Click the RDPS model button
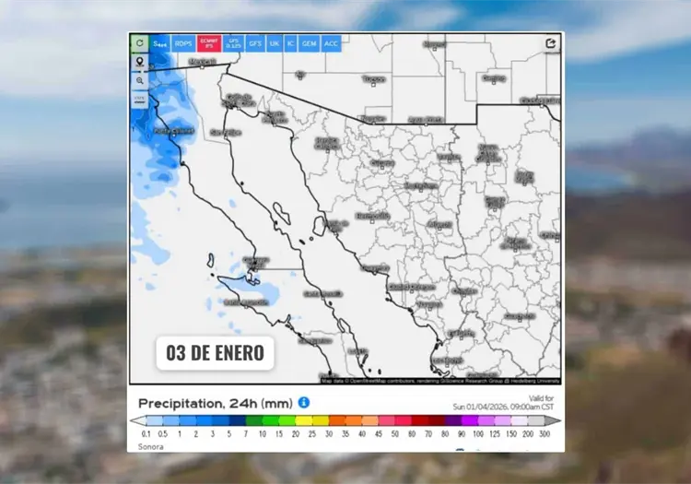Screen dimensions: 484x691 [x=184, y=43]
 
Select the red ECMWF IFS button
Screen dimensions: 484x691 [x=209, y=43]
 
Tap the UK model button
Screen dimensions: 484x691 [x=274, y=43]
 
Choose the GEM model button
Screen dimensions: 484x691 [x=309, y=43]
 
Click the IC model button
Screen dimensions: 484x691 [x=290, y=43]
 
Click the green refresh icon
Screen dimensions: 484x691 [x=139, y=43]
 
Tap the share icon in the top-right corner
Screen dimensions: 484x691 [x=551, y=43]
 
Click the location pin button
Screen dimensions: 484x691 [x=139, y=62]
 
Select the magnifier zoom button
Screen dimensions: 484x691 [x=139, y=80]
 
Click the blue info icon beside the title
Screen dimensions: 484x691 [x=304, y=403]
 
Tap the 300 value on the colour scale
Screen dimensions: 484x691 [x=544, y=432]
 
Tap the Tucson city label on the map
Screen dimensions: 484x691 [x=373, y=80]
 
